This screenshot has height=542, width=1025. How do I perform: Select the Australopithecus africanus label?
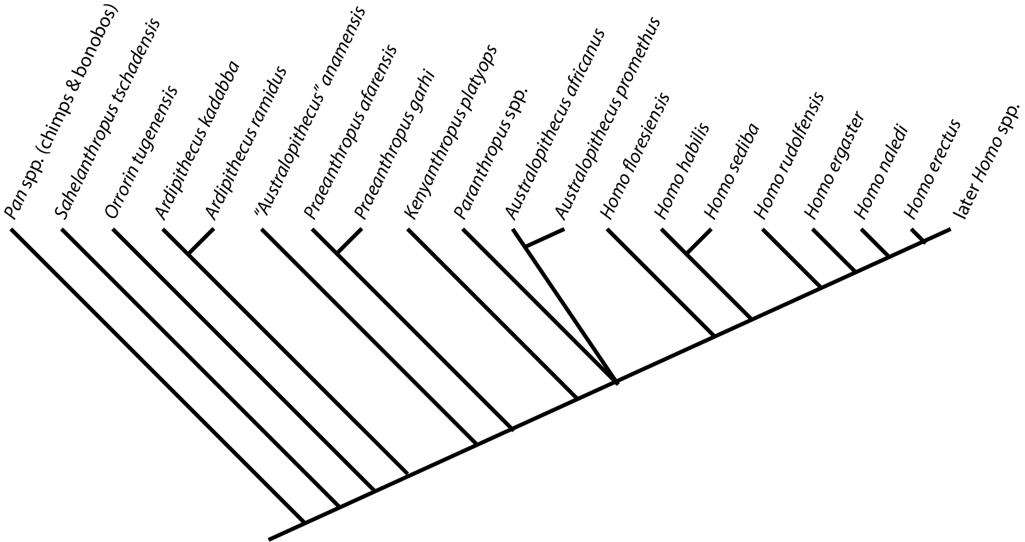(x=556, y=124)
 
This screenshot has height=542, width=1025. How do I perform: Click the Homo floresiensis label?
(x=636, y=156)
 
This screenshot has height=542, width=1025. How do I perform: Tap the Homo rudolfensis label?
(x=788, y=155)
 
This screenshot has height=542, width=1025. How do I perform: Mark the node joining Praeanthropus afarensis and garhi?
(x=337, y=253)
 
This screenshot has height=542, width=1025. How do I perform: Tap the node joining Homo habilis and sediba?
(x=687, y=253)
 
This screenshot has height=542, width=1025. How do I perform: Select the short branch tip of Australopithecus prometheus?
(x=546, y=239)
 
